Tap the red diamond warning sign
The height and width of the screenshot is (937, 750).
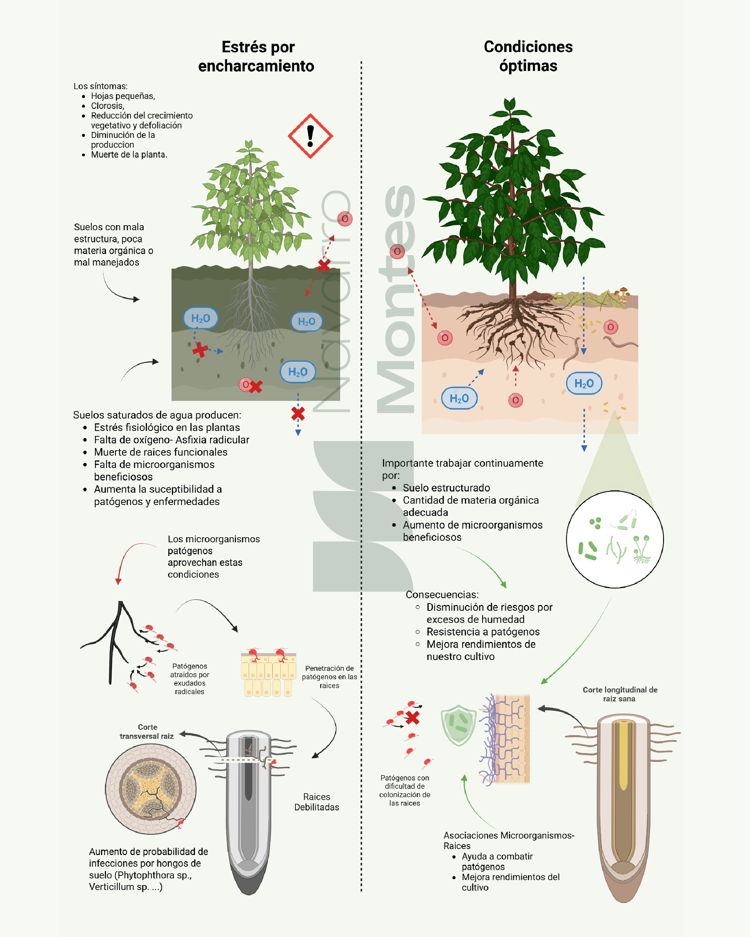click(311, 136)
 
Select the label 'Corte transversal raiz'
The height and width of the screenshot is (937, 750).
click(147, 731)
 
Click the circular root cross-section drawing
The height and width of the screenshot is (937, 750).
click(151, 789)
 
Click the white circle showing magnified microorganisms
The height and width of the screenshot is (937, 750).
click(615, 539)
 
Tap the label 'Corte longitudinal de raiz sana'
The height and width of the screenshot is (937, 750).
click(620, 694)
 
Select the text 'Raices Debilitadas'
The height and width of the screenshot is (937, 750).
click(317, 802)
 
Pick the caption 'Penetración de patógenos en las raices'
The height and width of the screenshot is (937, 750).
click(330, 677)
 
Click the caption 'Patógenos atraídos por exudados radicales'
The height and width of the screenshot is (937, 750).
click(190, 679)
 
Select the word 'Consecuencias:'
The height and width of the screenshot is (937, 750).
click(442, 595)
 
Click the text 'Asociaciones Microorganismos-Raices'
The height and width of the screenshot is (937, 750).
click(509, 840)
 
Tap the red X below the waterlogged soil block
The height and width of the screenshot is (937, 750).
click(298, 414)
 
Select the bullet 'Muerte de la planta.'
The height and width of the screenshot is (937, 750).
click(129, 155)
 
